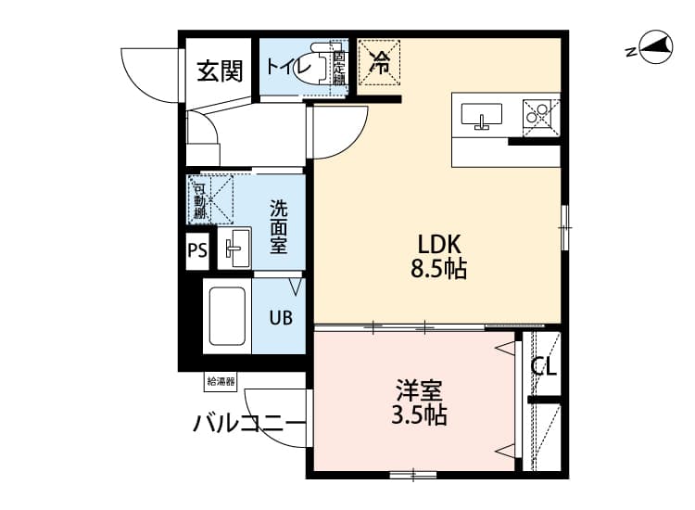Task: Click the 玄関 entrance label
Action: coord(220,70)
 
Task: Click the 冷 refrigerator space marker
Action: coord(380,63)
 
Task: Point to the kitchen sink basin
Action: coord(481,116)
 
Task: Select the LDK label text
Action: coord(439,245)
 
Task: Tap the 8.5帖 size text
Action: coord(439,270)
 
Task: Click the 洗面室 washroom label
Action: coord(279,227)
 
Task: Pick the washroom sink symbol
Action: coord(234,248)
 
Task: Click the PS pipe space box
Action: coord(197,250)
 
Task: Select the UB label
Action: coord(281,317)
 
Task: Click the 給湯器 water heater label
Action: coord(221,380)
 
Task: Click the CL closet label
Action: coord(544,366)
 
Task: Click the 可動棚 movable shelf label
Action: coord(199,201)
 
